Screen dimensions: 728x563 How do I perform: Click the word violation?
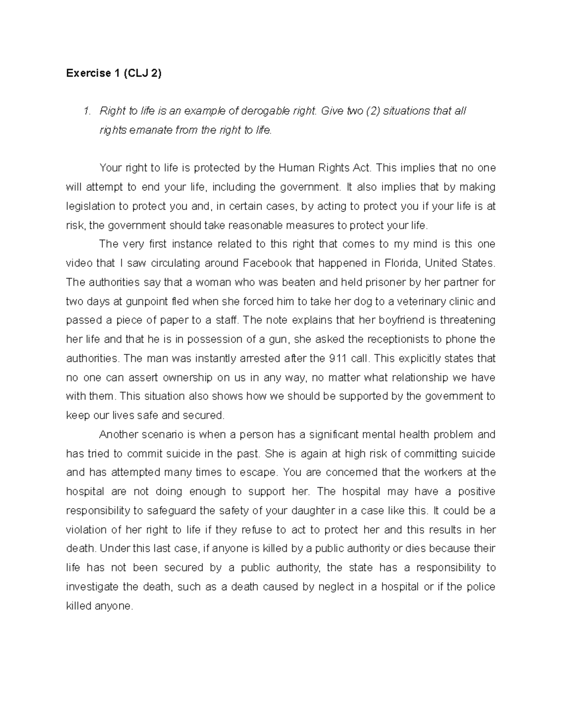point(86,530)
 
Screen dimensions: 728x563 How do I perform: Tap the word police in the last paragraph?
point(479,587)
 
